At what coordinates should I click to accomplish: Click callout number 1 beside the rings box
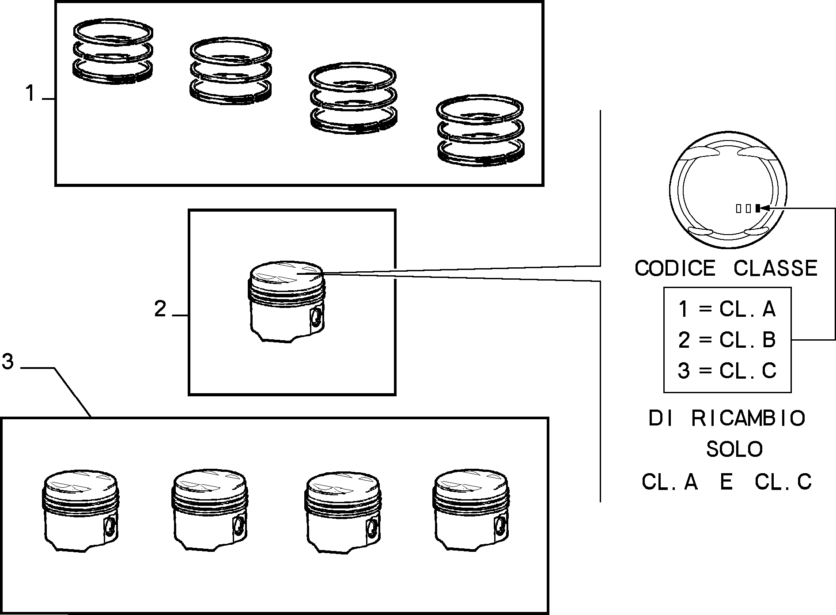30,94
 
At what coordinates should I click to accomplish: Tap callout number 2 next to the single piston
160,309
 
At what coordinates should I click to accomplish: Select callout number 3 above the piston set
8,362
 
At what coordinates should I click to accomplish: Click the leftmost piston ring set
113,51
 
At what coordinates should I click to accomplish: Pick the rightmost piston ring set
480,131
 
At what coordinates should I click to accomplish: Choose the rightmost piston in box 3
471,510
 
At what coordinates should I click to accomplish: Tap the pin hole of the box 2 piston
316,316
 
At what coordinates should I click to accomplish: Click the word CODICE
674,268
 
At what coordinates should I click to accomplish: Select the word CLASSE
775,268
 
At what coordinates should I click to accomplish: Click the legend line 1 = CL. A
727,309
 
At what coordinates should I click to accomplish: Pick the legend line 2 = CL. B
727,340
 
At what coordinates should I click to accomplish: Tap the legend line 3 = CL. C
727,370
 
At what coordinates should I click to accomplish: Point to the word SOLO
734,449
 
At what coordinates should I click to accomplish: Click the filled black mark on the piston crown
757,208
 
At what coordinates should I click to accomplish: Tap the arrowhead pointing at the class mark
765,208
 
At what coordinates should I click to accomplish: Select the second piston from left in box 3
209,510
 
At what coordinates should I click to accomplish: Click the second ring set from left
231,71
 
